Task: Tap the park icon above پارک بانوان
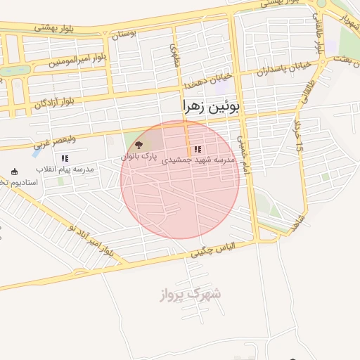(138, 145)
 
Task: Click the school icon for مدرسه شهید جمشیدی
(198, 149)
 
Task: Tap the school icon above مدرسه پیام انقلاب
(65, 159)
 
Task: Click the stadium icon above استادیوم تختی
(15, 171)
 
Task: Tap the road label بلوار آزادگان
(60, 103)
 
